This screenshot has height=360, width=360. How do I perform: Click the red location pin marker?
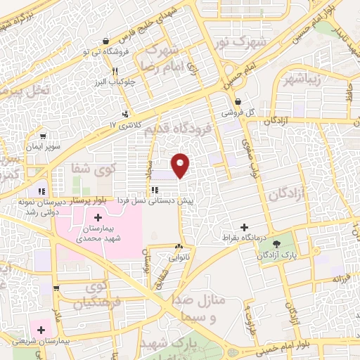tap(181, 164)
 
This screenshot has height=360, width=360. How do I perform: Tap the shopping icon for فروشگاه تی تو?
tap(105, 41)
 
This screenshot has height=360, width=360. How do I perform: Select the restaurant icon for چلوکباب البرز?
tap(114, 71)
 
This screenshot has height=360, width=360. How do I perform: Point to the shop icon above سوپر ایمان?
tap(44, 136)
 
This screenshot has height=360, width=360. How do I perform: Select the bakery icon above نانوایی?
tap(179, 247)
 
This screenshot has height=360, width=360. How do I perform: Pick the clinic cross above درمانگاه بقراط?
tap(245, 227)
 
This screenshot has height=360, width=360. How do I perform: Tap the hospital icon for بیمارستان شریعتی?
tap(41, 328)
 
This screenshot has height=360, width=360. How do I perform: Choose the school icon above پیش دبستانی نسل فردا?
tap(154, 190)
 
